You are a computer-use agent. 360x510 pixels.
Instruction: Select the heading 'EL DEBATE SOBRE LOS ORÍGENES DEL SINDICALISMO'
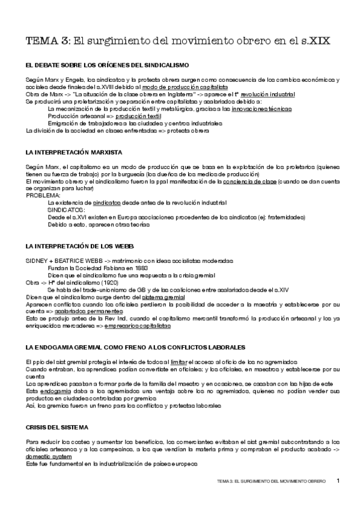pyautogui.click(x=108, y=64)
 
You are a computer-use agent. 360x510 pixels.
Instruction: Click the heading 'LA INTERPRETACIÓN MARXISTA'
pyautogui.click(x=74, y=152)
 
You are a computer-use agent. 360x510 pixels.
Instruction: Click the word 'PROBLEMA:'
pyautogui.click(x=43, y=195)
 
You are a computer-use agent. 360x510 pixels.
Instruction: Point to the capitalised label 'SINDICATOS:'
pyautogui.click(x=66, y=210)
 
